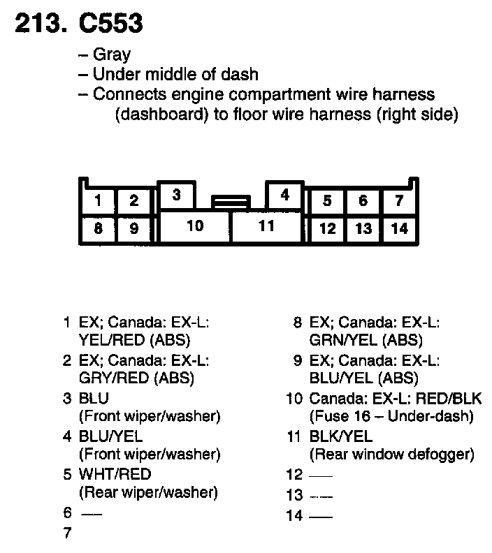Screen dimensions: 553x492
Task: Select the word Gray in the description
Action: pyautogui.click(x=111, y=55)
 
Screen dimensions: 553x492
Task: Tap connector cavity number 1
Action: pyautogui.click(x=99, y=202)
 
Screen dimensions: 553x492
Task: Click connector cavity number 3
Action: pyautogui.click(x=177, y=196)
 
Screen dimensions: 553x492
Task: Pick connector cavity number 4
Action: pyautogui.click(x=284, y=196)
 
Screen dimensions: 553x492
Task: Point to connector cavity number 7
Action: pyautogui.click(x=398, y=202)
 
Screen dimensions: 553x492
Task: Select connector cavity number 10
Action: pyautogui.click(x=195, y=226)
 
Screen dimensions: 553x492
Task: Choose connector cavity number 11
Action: pyautogui.click(x=266, y=226)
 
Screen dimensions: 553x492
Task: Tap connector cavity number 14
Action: pyautogui.click(x=399, y=228)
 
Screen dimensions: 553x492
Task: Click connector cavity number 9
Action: pyautogui.click(x=134, y=228)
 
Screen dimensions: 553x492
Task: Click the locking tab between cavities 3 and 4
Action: pyautogui.click(x=231, y=202)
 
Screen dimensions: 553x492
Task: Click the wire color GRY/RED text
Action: pyautogui.click(x=114, y=378)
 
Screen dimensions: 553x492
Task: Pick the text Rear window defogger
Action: pyautogui.click(x=391, y=455)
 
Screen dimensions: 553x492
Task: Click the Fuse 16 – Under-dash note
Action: pyautogui.click(x=391, y=417)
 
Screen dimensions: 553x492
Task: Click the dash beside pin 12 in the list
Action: pyautogui.click(x=320, y=475)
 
